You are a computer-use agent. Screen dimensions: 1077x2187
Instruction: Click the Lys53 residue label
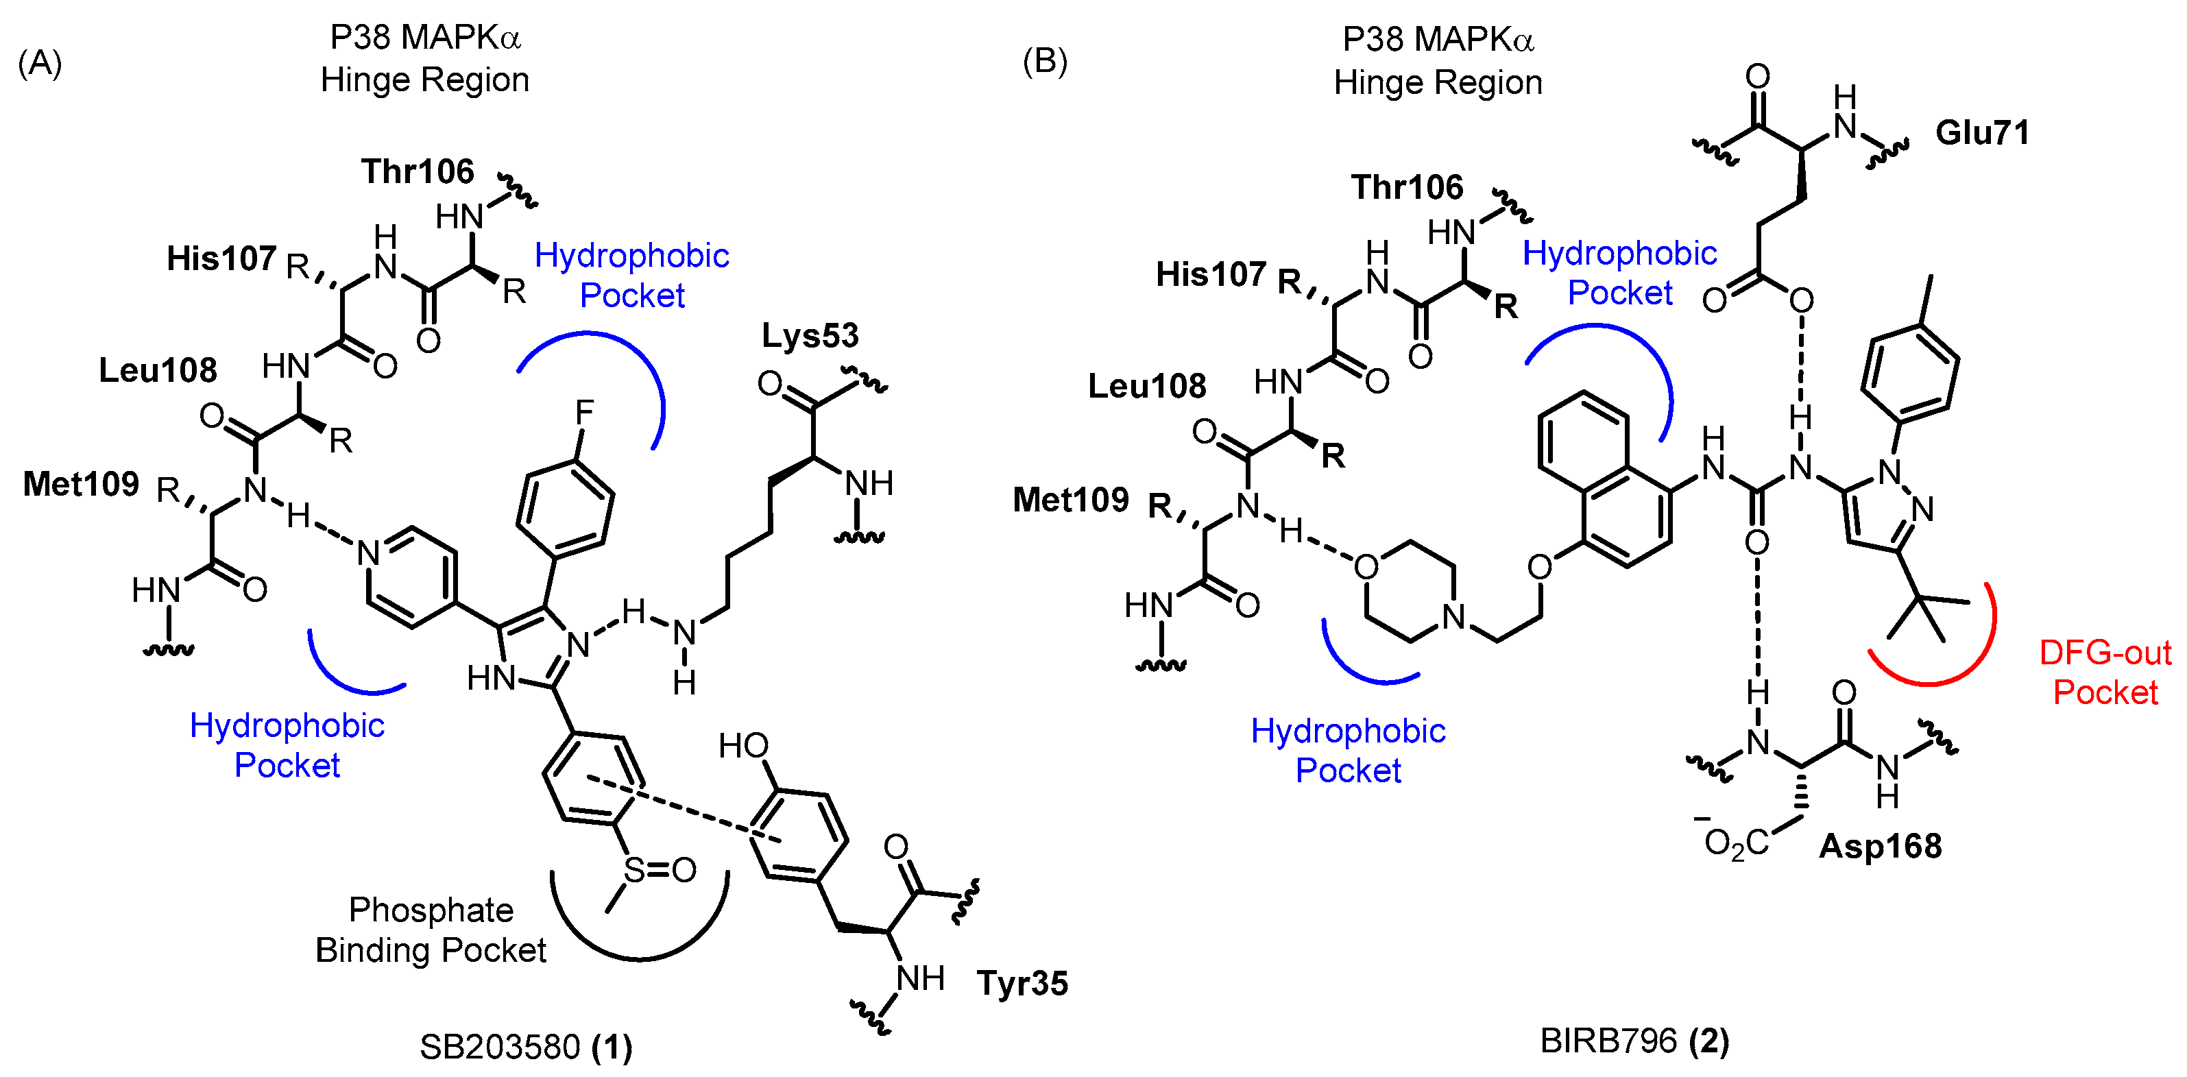pos(809,336)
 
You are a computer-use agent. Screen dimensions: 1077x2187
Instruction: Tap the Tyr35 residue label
pos(1022,984)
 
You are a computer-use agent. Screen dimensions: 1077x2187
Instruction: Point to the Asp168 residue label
pos(1880,846)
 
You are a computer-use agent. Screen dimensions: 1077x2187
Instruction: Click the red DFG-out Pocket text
pos(2105,672)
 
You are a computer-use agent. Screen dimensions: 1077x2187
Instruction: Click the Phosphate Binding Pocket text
pos(431,930)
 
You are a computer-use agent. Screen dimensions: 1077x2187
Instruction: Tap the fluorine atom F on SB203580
pos(584,413)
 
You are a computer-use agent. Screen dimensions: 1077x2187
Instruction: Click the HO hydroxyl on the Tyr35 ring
pos(743,747)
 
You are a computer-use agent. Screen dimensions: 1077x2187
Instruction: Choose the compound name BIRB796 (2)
pos(1634,1041)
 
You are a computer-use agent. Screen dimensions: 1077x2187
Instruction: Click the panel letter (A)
pos(40,64)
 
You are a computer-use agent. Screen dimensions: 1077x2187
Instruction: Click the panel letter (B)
pos(1044,61)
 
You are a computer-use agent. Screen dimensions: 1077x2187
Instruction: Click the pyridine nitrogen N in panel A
pos(367,554)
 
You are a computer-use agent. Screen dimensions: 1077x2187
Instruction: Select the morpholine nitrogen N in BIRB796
pos(1453,617)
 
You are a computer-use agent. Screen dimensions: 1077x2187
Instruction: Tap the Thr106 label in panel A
pos(417,171)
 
